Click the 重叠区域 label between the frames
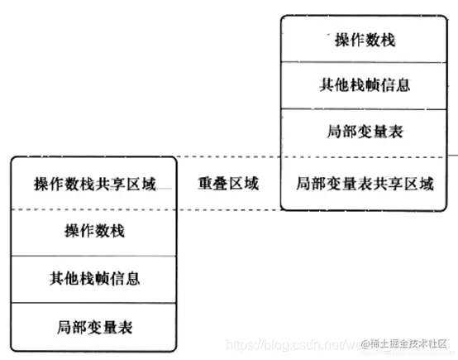click(x=228, y=184)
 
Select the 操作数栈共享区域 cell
click(x=94, y=184)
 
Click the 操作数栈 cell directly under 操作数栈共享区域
click(x=94, y=232)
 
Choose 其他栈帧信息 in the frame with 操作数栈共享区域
click(x=94, y=279)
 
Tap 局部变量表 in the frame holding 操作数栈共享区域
click(x=94, y=326)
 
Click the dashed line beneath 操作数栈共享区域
click(x=94, y=209)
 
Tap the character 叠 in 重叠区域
click(x=220, y=184)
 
